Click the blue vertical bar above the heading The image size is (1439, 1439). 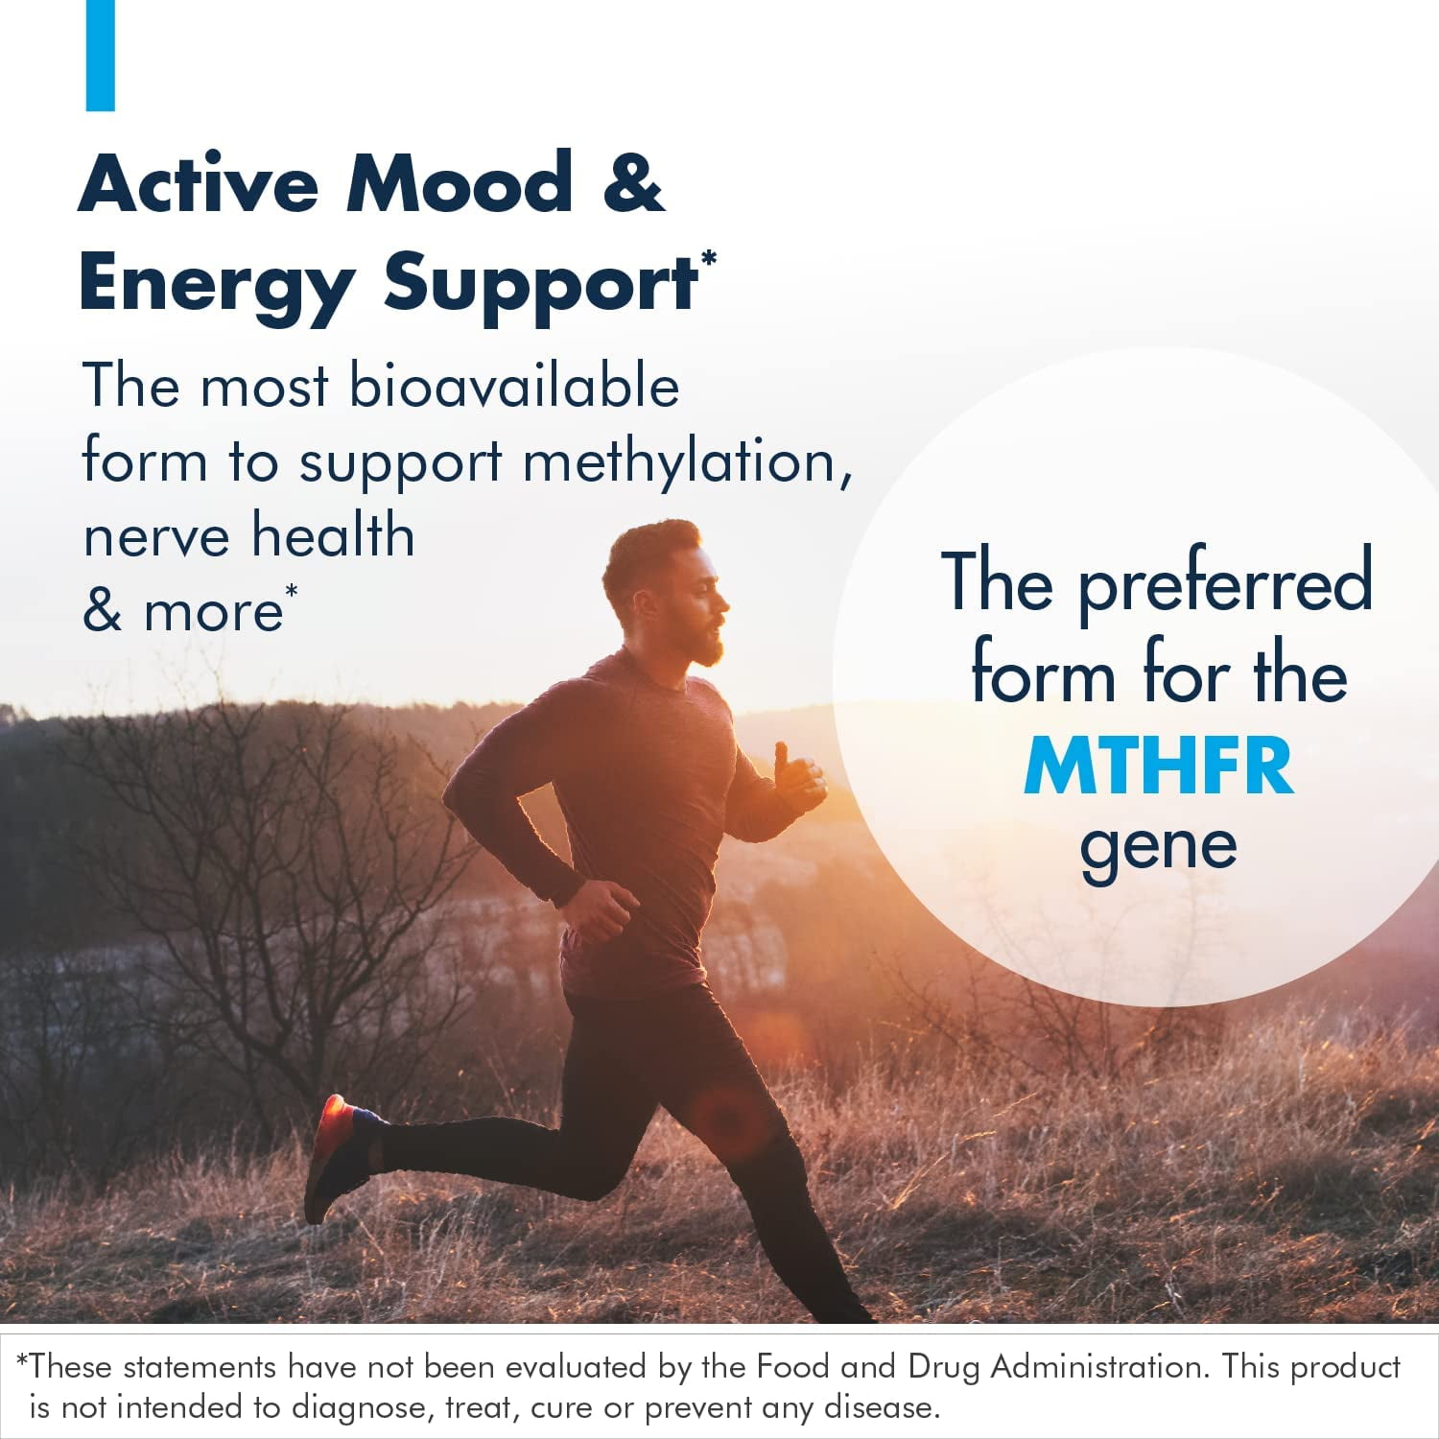click(100, 55)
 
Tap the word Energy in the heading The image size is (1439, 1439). click(216, 285)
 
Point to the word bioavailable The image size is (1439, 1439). click(514, 386)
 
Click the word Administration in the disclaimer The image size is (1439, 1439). click(1099, 1366)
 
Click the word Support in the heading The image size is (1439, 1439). click(540, 285)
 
